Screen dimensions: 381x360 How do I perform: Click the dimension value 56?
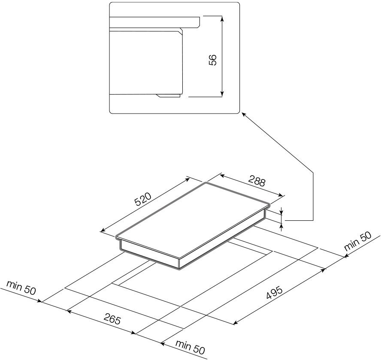(x=212, y=60)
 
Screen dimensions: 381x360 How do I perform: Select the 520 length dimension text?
(x=143, y=201)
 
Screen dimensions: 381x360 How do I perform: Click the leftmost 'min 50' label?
(x=21, y=288)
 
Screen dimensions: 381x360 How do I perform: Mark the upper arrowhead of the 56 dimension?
(x=222, y=18)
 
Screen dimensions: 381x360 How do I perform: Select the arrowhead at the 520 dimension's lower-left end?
(x=102, y=231)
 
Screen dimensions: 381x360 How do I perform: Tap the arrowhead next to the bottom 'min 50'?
(x=163, y=342)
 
